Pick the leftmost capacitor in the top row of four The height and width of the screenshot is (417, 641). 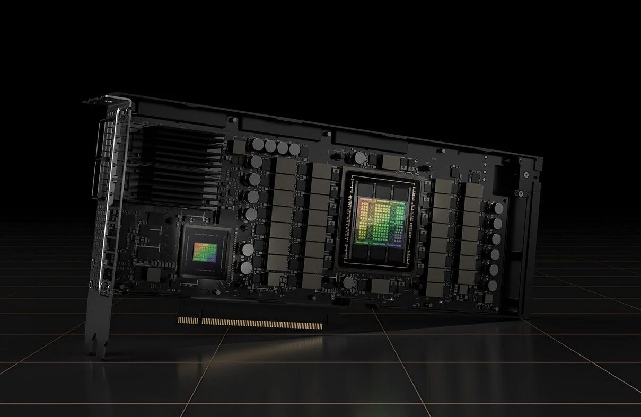258,144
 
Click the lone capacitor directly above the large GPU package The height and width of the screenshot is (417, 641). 360,157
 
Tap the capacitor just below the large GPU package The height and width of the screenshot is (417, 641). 348,282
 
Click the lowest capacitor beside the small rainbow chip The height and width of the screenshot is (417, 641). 247,268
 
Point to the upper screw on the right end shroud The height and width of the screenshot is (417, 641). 525,175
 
